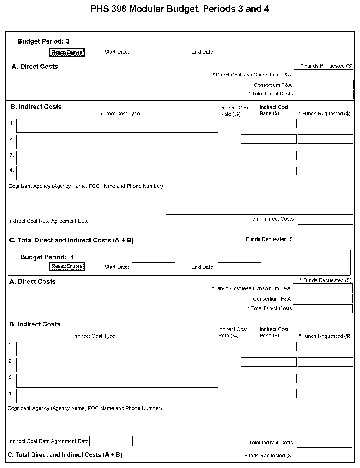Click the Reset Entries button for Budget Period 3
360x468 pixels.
point(67,52)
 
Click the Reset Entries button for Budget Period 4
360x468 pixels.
point(67,267)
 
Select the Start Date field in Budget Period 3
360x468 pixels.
point(153,52)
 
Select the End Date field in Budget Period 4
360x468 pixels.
point(240,268)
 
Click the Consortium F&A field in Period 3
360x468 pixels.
point(323,85)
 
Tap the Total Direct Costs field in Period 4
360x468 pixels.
point(323,309)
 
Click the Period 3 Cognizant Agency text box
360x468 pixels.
point(259,198)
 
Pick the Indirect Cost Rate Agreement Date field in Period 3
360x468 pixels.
point(112,221)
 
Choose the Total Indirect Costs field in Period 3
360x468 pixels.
point(325,220)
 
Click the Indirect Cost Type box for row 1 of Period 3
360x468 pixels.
point(117,126)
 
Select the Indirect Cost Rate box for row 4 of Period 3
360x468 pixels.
point(230,171)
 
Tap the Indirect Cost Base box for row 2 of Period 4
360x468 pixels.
point(269,362)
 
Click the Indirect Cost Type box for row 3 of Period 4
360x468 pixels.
point(117,380)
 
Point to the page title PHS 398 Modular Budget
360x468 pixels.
point(180,9)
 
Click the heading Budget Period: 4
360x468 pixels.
point(47,257)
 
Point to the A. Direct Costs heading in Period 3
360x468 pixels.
point(35,67)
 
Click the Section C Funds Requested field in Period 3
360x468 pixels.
point(325,239)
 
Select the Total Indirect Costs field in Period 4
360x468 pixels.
point(324,443)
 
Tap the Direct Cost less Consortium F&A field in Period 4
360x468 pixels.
point(323,288)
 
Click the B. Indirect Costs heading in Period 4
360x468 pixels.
point(35,324)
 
